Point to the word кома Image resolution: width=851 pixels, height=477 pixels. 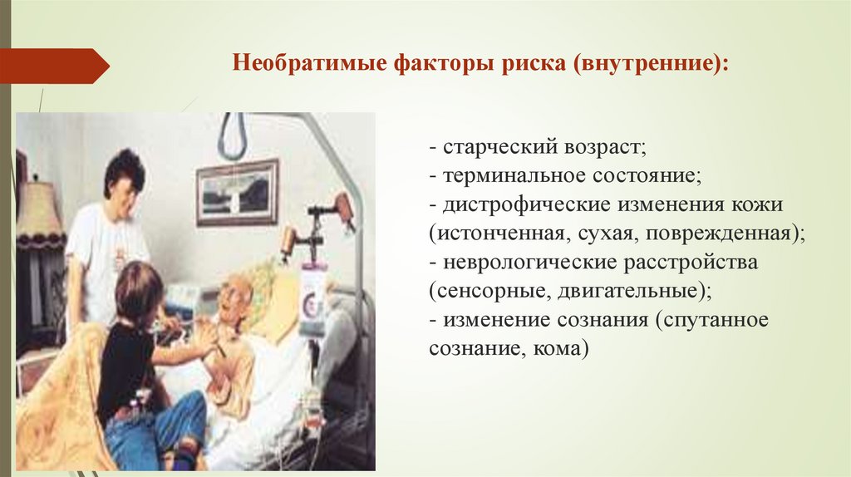[558, 349]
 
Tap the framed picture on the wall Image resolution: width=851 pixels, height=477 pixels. [237, 192]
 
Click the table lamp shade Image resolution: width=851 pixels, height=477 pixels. [39, 214]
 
